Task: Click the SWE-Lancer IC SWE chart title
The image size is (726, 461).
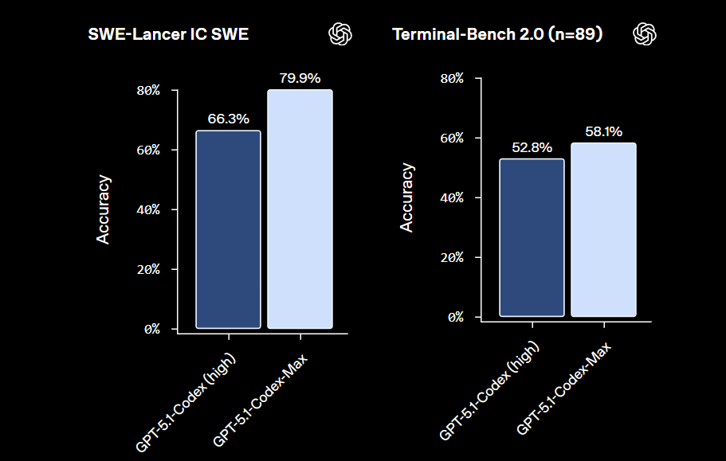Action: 168,35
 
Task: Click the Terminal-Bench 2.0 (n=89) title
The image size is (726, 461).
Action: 496,35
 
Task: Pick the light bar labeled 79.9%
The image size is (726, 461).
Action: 300,209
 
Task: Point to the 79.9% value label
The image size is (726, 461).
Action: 300,78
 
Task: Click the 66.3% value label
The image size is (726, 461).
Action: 228,119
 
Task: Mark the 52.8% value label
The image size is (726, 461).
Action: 532,147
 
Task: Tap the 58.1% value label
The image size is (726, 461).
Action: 603,131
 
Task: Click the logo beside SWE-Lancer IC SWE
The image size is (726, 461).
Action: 340,33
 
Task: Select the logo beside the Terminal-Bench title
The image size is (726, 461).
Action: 644,33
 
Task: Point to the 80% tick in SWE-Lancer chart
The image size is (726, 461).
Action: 149,90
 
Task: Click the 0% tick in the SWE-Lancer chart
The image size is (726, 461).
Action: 152,329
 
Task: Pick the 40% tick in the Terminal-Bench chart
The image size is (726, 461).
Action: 453,197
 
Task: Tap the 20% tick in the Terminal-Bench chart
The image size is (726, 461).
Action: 453,257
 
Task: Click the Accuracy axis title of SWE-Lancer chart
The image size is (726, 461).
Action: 104,209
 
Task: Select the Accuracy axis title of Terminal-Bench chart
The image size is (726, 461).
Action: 407,197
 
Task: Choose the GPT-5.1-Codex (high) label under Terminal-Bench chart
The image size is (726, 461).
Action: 489,392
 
